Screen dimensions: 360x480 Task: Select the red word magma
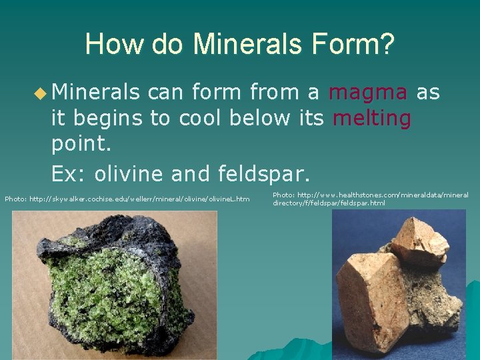pyautogui.click(x=367, y=93)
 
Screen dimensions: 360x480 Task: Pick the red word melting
pyautogui.click(x=372, y=118)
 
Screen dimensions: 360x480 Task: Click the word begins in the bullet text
pyautogui.click(x=109, y=118)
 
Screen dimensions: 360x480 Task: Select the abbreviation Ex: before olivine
pyautogui.click(x=69, y=174)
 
